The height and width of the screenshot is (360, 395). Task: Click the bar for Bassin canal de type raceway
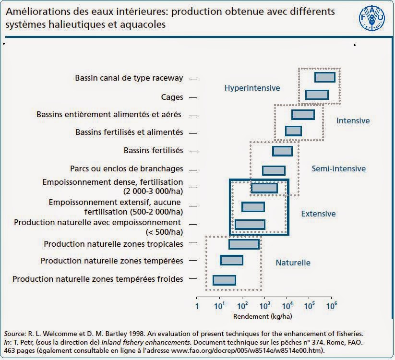click(324, 77)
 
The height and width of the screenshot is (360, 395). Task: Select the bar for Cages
click(317, 95)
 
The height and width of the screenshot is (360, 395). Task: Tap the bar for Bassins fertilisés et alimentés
click(293, 131)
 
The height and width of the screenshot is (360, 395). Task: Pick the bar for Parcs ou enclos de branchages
click(274, 170)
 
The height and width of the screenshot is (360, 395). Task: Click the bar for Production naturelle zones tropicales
click(244, 244)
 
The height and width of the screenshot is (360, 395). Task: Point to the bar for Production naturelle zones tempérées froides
click(224, 280)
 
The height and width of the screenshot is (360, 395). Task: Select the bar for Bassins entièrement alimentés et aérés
click(303, 115)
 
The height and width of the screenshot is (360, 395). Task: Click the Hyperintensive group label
click(252, 88)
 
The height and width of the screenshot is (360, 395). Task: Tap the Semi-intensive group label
click(338, 168)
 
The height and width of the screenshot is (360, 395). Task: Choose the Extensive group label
click(318, 214)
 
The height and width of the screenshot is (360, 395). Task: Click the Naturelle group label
click(293, 263)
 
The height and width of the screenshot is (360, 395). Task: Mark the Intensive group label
click(353, 120)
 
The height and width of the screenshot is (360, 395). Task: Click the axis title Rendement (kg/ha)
click(263, 316)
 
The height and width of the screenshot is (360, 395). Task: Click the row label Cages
click(172, 97)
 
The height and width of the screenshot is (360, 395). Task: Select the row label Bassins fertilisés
click(153, 151)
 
